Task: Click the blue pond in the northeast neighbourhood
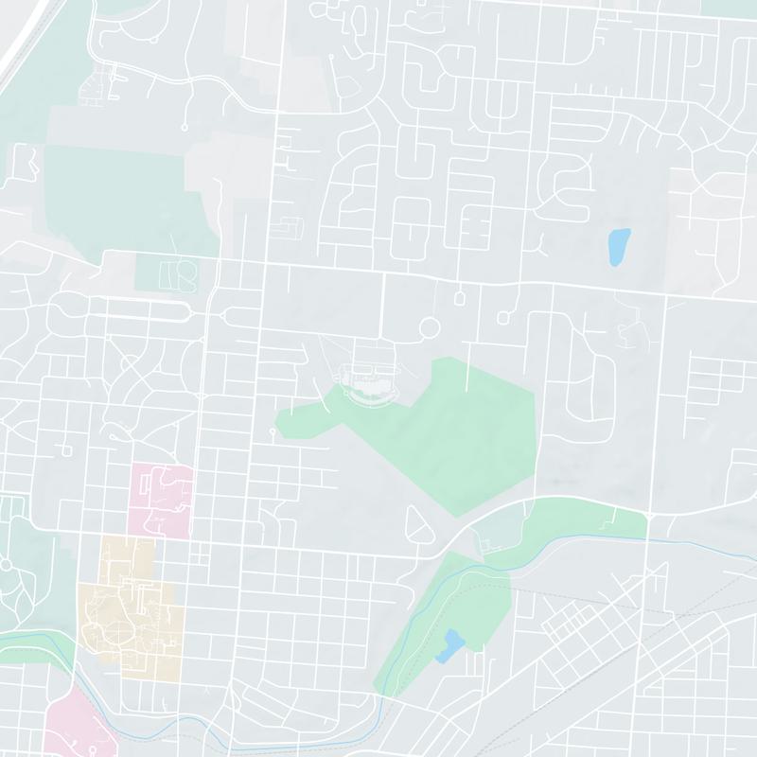click(618, 247)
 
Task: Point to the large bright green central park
click(454, 426)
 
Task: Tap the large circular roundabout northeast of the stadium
click(430, 329)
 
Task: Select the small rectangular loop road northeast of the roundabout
click(460, 298)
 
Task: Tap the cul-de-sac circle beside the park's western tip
click(272, 431)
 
